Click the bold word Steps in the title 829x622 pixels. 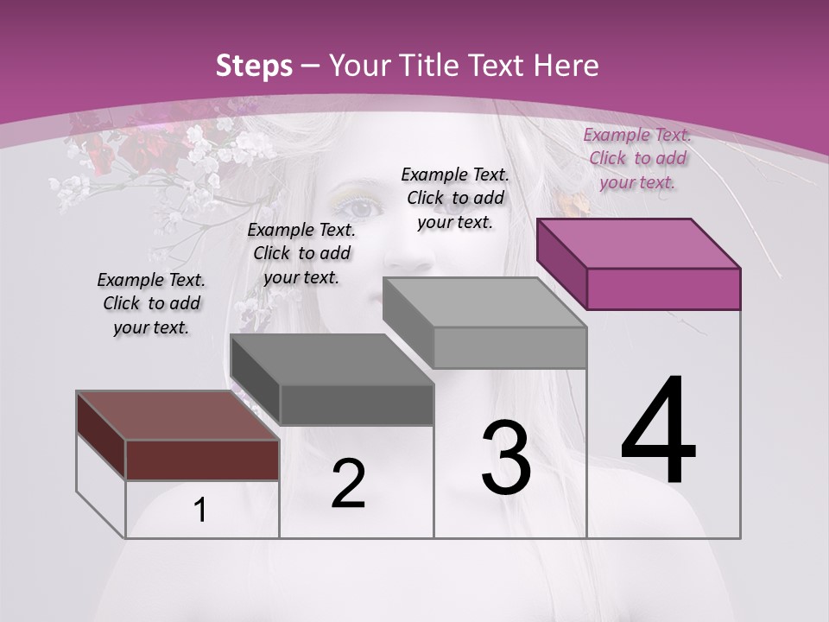pos(253,66)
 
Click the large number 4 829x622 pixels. pos(658,432)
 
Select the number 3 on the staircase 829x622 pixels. pos(506,458)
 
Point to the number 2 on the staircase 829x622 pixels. pos(348,484)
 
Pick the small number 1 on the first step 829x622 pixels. pos(200,511)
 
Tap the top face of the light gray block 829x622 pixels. pos(484,302)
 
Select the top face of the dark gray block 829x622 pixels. pos(332,359)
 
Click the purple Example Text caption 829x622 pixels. pos(637,158)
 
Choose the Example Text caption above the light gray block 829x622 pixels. pos(455,198)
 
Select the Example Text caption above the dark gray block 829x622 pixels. pos(301,253)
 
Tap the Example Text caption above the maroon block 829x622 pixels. pos(151,303)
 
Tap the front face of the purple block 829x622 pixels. pos(663,289)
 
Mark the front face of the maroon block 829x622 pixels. pos(202,460)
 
